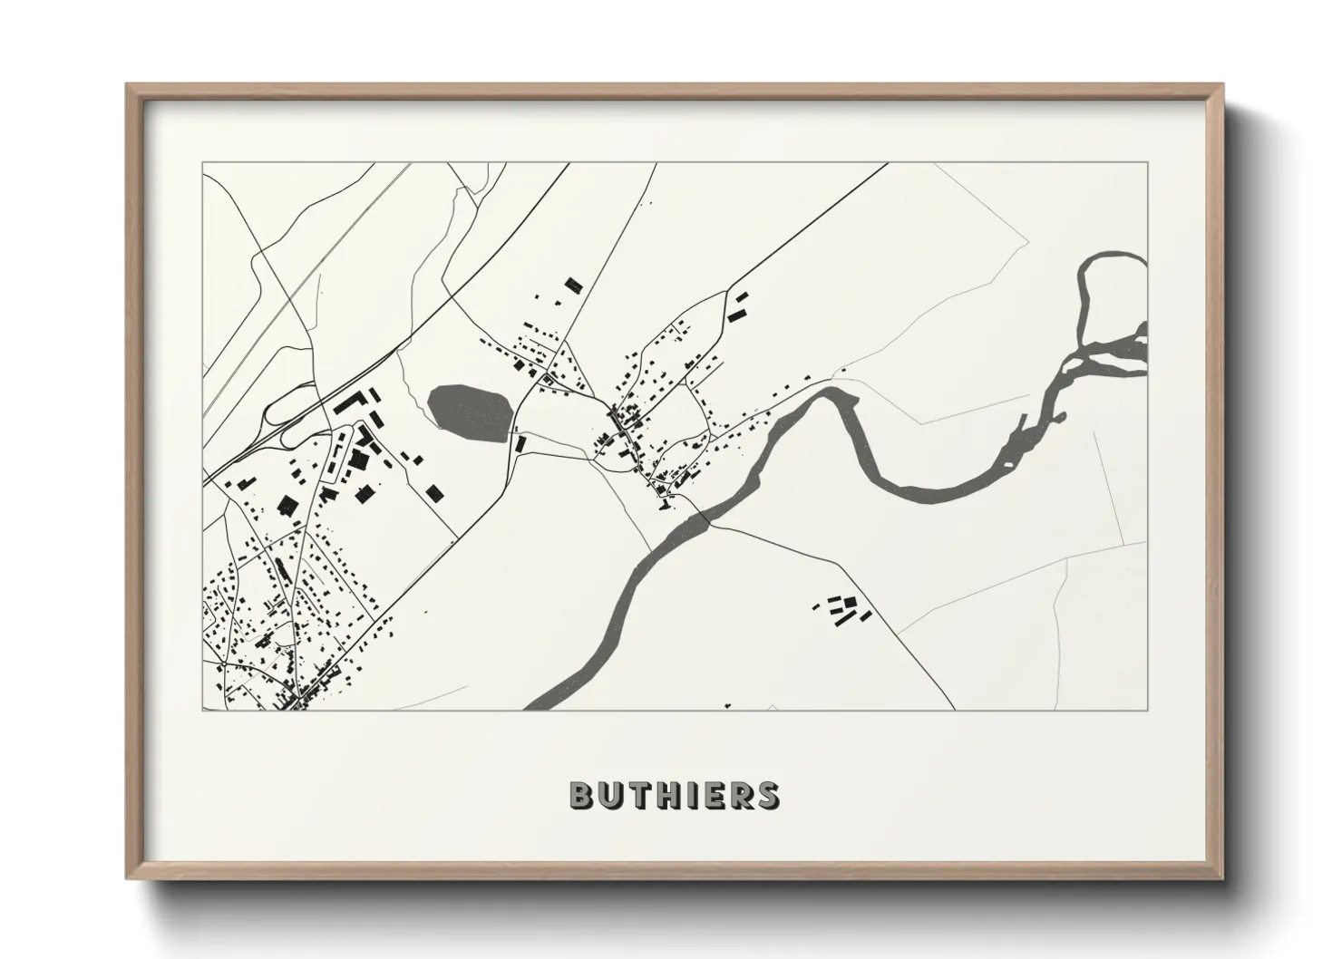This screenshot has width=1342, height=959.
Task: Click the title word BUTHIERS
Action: pyautogui.click(x=673, y=795)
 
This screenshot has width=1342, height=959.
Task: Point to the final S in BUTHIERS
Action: pyautogui.click(x=767, y=795)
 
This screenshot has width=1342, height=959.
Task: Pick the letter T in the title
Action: pyautogui.click(x=637, y=795)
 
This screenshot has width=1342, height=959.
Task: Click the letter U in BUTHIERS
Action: pyautogui.click(x=609, y=795)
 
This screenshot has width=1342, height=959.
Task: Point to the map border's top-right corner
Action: pyautogui.click(x=1147, y=163)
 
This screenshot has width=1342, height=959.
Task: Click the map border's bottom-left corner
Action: pyautogui.click(x=203, y=710)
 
